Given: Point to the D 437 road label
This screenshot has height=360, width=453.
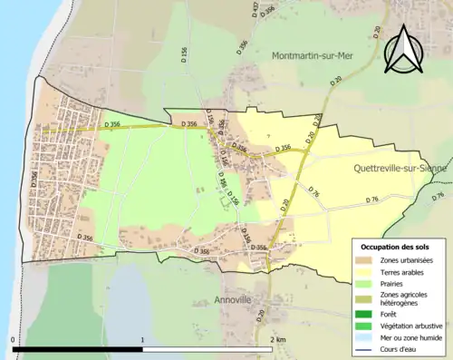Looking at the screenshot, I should (255, 10).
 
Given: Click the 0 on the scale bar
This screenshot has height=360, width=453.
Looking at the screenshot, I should (14, 340).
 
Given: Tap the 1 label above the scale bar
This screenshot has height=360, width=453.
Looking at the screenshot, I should (143, 340).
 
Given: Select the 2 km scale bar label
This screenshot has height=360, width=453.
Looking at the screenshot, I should (276, 340).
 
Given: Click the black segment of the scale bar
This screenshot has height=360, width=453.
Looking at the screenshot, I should (78, 349).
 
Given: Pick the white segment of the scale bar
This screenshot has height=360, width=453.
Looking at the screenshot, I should (207, 349).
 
